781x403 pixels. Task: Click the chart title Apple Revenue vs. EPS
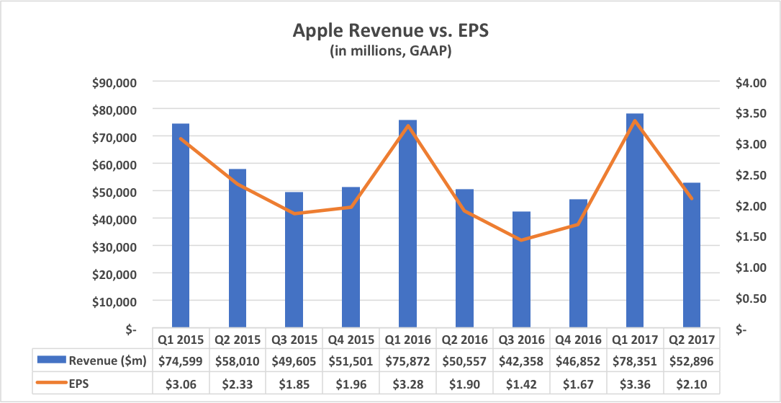tap(390, 31)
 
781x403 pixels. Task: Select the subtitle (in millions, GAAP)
tap(390, 52)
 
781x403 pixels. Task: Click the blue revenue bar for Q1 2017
tap(634, 220)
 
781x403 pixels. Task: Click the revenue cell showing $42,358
tap(521, 360)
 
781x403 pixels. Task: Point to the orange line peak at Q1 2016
tap(407, 126)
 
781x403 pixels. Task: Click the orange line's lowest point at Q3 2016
tap(521, 240)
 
